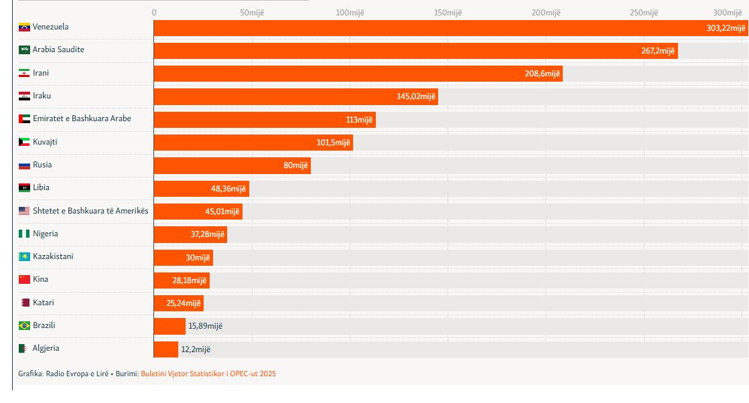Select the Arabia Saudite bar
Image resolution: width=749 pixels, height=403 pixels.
[x=402, y=51]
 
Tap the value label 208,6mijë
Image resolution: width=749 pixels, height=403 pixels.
[x=542, y=74]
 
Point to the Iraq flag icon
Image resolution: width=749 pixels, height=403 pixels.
[x=25, y=96]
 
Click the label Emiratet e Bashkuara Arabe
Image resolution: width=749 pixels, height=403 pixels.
[x=82, y=118]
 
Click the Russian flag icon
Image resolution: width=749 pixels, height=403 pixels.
[x=25, y=165]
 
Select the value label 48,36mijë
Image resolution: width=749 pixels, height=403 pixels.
[x=228, y=189]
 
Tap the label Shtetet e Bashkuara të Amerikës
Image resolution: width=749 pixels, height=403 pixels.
[x=90, y=211]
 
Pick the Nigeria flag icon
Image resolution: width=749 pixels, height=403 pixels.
[x=25, y=234]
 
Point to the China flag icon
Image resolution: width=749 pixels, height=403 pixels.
[x=25, y=280]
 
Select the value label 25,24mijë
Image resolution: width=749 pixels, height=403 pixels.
[x=184, y=303]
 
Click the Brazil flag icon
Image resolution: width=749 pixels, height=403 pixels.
[x=25, y=326]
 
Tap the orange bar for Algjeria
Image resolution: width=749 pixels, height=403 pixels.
[x=165, y=349]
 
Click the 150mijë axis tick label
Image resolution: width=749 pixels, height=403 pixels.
[x=448, y=13]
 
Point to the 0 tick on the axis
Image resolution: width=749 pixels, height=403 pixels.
[x=154, y=13]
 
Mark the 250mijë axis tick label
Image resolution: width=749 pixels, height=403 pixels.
[x=644, y=13]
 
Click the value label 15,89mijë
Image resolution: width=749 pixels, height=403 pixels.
[x=205, y=326]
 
